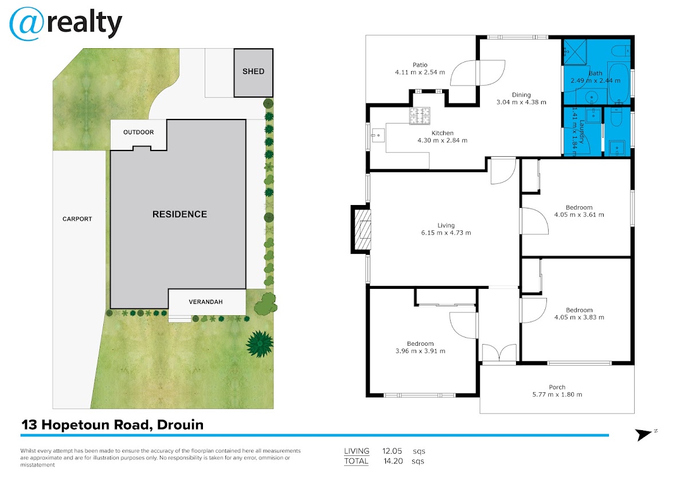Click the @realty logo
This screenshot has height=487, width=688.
point(66,24)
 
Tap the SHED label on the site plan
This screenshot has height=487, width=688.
point(253,71)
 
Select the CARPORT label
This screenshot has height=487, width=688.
point(77,219)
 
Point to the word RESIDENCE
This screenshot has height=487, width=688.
point(179,214)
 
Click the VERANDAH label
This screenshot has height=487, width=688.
point(205,302)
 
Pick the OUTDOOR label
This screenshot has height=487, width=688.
point(139,132)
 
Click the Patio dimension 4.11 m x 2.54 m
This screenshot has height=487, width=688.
point(420,72)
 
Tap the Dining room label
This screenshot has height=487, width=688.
point(521,95)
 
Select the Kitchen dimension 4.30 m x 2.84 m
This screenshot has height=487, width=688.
point(442,141)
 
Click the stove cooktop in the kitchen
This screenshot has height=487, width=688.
point(420,115)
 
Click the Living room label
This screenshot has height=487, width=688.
point(446,226)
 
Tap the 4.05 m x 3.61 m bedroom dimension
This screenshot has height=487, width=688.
point(579,215)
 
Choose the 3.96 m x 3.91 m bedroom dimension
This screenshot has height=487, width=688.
point(420,351)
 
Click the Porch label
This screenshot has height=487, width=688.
point(557,387)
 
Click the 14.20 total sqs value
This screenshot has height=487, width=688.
point(393,461)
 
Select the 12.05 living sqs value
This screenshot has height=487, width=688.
point(392,451)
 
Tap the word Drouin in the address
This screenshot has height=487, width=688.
point(180,425)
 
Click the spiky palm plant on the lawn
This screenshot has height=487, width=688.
point(260,344)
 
